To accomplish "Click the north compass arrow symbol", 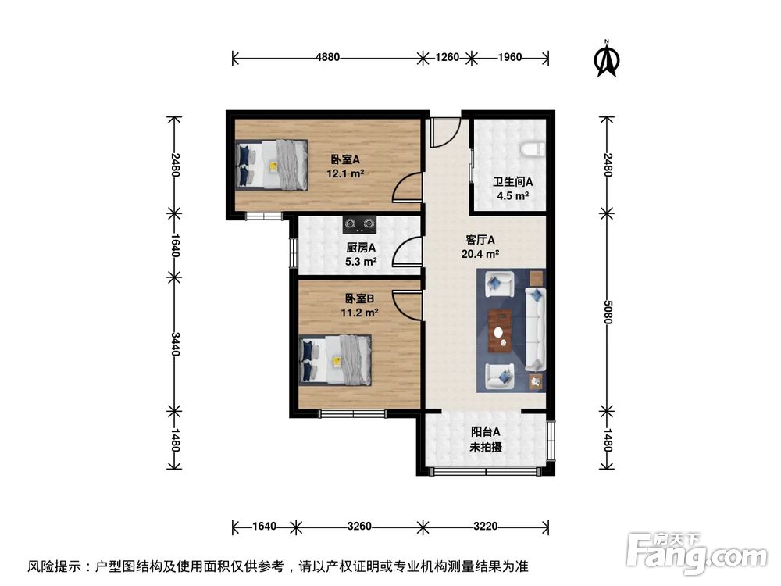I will (607, 59).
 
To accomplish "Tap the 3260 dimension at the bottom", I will (358, 526).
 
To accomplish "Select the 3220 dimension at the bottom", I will (484, 526).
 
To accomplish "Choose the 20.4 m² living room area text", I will (481, 254).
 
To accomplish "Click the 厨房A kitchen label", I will (361, 248).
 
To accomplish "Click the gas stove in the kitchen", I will (359, 225).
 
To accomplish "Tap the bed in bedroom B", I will (337, 360).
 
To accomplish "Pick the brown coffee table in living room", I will (501, 330).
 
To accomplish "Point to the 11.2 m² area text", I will (359, 313).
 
